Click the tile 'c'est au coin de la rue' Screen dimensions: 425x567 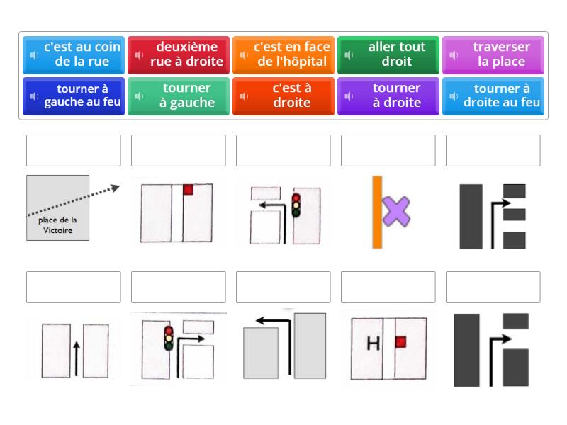click(x=74, y=55)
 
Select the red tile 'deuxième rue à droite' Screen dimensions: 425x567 click(x=179, y=55)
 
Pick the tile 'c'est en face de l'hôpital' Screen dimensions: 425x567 click(x=283, y=55)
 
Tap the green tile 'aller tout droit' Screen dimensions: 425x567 click(x=388, y=55)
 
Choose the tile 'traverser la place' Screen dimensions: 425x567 click(x=493, y=55)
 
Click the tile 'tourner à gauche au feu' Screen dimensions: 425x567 click(x=74, y=96)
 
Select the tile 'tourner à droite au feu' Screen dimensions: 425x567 click(x=493, y=96)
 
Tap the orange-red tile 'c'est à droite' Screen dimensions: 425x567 click(x=283, y=96)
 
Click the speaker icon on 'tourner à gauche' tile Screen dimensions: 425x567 click(x=140, y=96)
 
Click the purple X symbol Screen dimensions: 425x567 click(x=396, y=212)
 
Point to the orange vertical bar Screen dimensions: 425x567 click(x=378, y=212)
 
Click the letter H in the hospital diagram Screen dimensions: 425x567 click(x=373, y=344)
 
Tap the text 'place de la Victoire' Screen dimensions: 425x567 click(x=58, y=225)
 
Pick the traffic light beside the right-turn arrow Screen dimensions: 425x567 click(x=169, y=338)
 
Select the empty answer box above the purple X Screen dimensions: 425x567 click(x=388, y=150)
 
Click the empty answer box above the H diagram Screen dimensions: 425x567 click(x=388, y=287)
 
